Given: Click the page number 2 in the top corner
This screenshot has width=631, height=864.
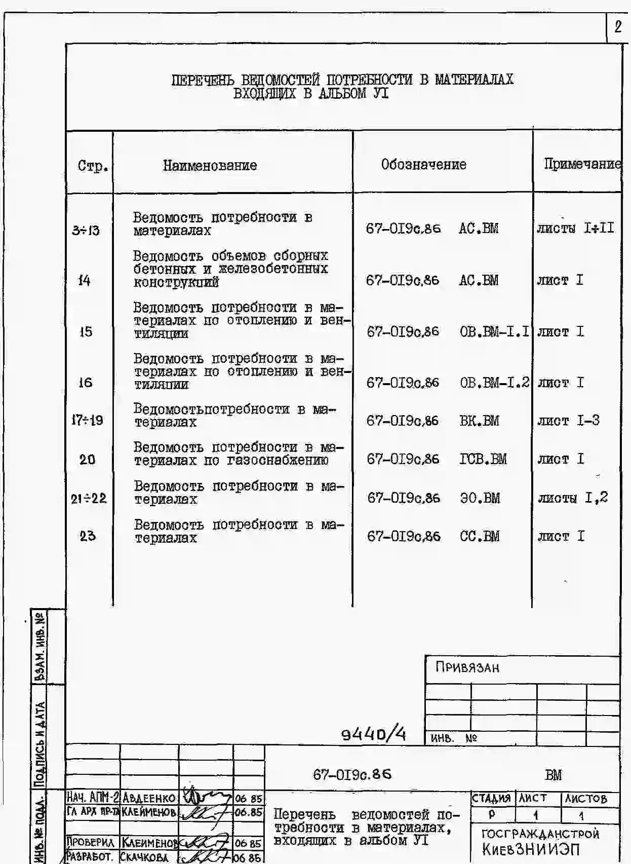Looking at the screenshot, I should (x=618, y=27).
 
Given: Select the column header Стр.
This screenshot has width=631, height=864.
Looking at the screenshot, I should (x=93, y=166).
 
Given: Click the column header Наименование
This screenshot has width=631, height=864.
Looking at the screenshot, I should (x=210, y=165).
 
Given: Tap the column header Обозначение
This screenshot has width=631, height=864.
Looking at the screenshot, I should (x=423, y=164).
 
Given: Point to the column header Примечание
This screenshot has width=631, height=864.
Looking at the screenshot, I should (x=581, y=164).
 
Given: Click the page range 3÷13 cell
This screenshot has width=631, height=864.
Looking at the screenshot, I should (x=86, y=231).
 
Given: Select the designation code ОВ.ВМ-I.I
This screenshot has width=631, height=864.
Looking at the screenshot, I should (x=494, y=332).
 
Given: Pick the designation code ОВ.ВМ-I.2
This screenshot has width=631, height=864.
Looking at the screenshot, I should (x=494, y=383).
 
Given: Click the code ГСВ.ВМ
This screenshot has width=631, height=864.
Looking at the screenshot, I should (x=483, y=459).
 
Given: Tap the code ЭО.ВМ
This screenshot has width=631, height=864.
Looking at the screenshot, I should (x=480, y=498).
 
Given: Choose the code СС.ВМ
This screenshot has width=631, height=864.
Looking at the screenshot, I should (x=479, y=536).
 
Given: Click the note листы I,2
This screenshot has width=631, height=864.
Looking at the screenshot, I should (x=573, y=498).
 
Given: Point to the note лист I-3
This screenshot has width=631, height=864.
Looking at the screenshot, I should (x=568, y=421).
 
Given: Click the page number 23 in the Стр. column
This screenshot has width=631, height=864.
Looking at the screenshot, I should (x=87, y=536).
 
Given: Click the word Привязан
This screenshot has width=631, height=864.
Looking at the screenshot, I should (x=467, y=667).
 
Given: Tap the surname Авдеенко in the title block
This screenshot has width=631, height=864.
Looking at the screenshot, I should (x=149, y=798).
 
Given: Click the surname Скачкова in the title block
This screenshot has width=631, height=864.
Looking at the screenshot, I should (x=144, y=857).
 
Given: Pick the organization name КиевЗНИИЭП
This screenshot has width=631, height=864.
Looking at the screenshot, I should (x=531, y=850).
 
